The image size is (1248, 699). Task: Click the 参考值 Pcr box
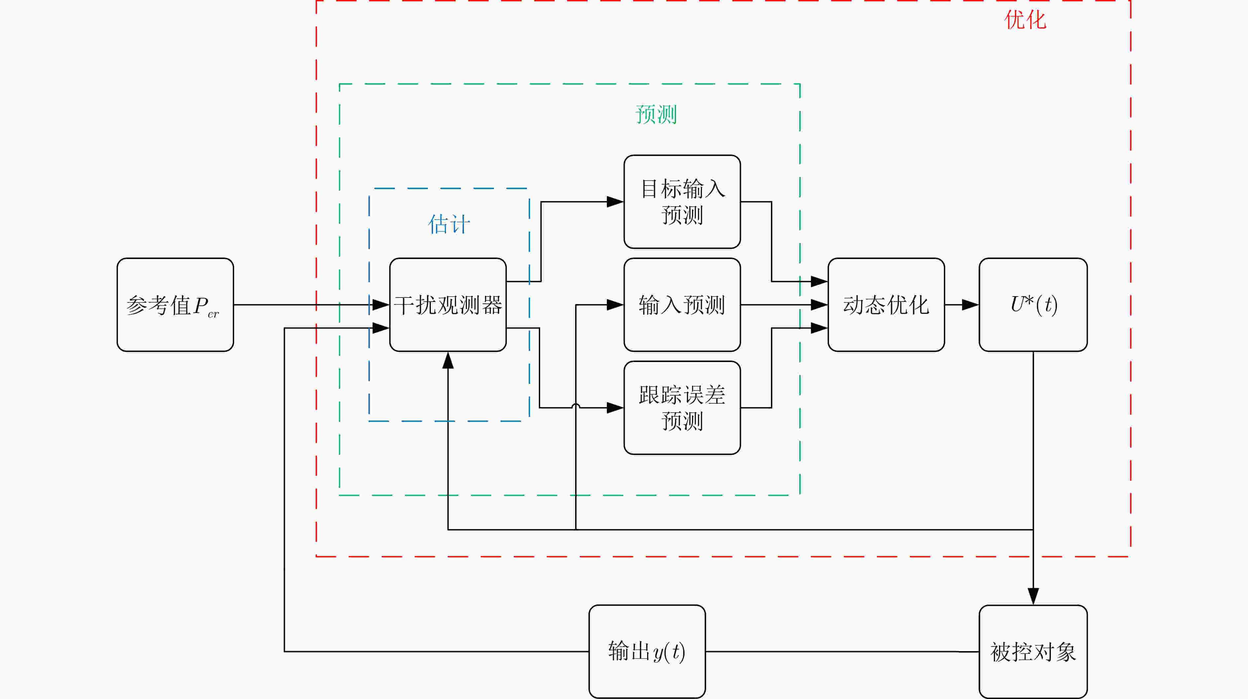pyautogui.click(x=175, y=305)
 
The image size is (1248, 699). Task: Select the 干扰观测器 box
pyautogui.click(x=448, y=305)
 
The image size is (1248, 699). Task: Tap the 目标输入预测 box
pyautogui.click(x=682, y=201)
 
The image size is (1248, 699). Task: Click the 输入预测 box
pyautogui.click(x=682, y=305)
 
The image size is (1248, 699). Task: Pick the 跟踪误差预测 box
pyautogui.click(x=682, y=408)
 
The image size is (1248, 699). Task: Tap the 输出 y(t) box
pyautogui.click(x=647, y=651)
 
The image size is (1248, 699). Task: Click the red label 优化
pyautogui.click(x=1025, y=20)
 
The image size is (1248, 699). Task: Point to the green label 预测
pyautogui.click(x=656, y=114)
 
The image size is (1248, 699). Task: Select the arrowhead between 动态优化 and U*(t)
pyautogui.click(x=970, y=305)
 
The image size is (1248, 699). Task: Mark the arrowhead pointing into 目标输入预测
pyautogui.click(x=615, y=201)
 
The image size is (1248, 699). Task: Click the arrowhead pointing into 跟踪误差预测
pyautogui.click(x=615, y=408)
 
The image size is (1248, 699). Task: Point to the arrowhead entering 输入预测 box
pyautogui.click(x=615, y=305)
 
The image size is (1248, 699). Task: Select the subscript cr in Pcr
pyautogui.click(x=213, y=314)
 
